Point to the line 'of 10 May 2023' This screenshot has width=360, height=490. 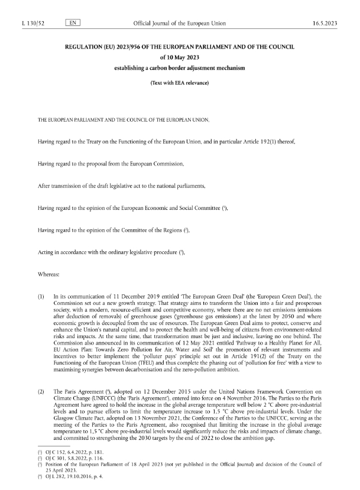(x=180, y=57)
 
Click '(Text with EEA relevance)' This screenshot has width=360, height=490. (x=180, y=82)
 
